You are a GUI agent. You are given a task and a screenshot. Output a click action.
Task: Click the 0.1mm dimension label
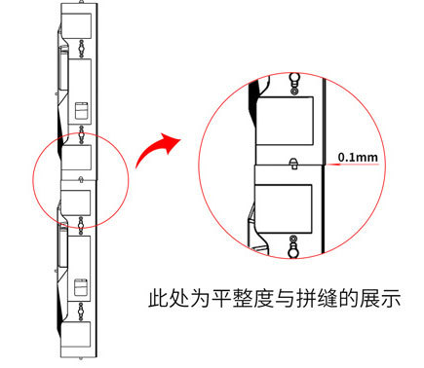point(358,158)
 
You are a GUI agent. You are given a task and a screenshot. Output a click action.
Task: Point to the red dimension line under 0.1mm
point(353,165)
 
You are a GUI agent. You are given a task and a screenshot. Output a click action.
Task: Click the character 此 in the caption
point(158,299)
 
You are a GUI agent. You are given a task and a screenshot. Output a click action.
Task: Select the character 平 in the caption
point(221,299)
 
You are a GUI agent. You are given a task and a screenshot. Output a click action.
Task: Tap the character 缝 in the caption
point(328,299)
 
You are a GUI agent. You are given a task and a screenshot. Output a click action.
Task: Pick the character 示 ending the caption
point(391,299)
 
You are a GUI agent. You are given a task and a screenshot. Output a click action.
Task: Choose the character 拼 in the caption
point(306,299)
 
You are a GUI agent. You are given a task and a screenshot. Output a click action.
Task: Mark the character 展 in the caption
point(369,299)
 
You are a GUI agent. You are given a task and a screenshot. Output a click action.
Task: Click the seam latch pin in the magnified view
point(293,164)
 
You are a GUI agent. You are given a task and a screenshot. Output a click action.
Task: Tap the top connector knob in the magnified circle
point(294,83)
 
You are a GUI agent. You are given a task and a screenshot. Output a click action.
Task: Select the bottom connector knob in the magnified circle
point(293,246)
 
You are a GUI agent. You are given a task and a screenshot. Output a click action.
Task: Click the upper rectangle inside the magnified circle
point(285,121)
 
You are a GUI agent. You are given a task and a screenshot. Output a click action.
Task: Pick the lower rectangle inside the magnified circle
point(284,208)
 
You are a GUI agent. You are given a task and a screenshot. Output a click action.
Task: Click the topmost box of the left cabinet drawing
point(76,26)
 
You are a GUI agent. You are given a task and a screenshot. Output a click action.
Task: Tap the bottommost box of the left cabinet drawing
point(75,335)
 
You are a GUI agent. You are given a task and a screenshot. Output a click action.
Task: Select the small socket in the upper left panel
point(82,111)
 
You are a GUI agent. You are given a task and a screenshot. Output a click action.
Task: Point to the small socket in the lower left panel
point(81,287)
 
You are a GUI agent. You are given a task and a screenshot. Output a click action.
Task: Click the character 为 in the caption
point(201,299)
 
